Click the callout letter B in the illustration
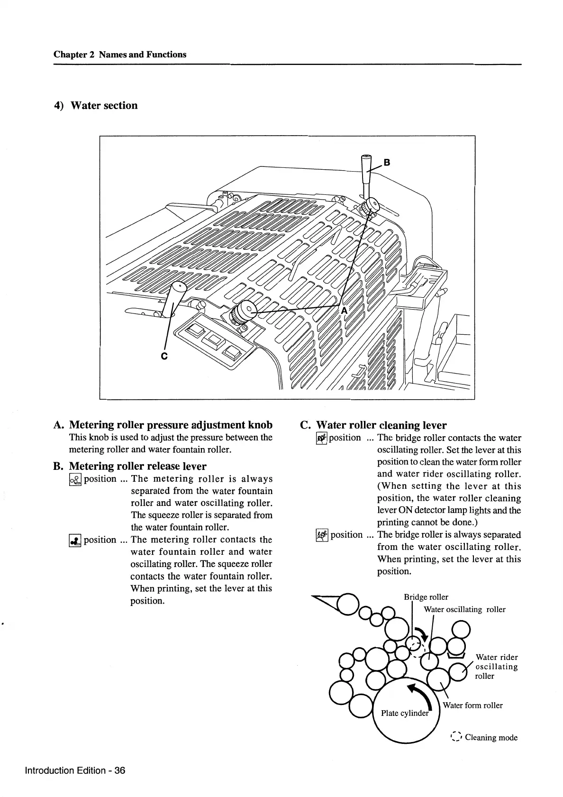pyautogui.click(x=387, y=163)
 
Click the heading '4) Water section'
pyautogui.click(x=96, y=105)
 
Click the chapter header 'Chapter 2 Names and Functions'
pyautogui.click(x=120, y=55)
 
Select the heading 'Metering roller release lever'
pyautogui.click(x=137, y=466)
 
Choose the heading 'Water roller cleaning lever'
pyautogui.click(x=381, y=425)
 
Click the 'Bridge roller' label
pyautogui.click(x=426, y=597)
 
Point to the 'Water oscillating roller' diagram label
pyautogui.click(x=464, y=610)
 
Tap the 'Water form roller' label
pyautogui.click(x=472, y=705)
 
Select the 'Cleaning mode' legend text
pyautogui.click(x=491, y=737)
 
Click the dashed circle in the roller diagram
pyautogui.click(x=416, y=643)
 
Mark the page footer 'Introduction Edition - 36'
pyautogui.click(x=75, y=770)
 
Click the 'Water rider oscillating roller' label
pyautogui.click(x=496, y=667)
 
